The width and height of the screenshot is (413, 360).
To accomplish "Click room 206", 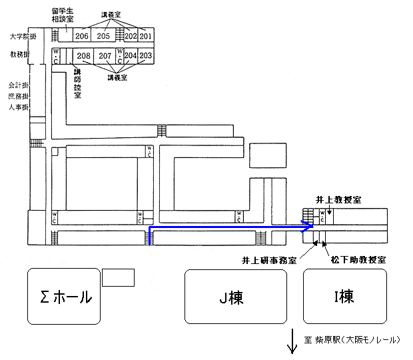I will pos(82,36).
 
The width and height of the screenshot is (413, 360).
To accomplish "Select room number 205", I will pos(103,36).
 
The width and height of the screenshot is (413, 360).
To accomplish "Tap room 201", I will pos(146,36).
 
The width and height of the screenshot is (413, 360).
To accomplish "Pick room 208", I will pos(83,56).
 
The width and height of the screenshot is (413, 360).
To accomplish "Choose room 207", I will pos(105,56).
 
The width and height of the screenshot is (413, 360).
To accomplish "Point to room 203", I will pos(146,56).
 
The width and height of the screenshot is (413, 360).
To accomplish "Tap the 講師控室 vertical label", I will pos(77,83).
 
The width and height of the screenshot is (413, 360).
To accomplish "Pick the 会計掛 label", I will pos(18,86).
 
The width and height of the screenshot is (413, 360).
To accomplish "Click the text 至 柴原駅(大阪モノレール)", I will pos(352,340).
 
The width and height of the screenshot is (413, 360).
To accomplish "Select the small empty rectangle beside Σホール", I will pos(119,277).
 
